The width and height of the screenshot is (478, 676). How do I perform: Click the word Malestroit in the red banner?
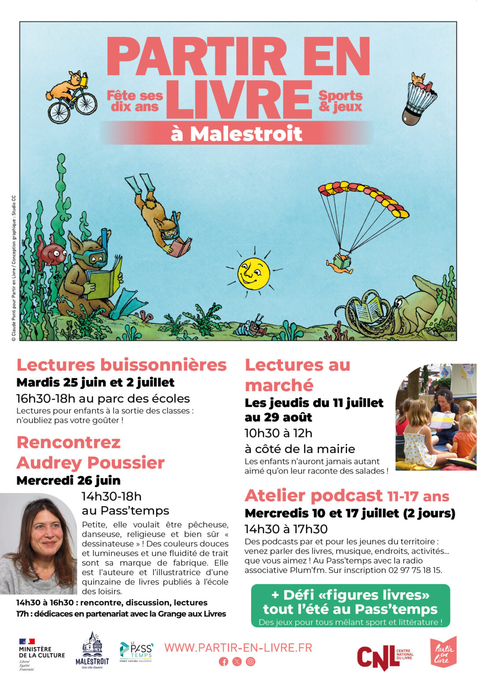coord(246,134)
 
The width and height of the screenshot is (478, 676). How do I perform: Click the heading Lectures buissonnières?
coord(121,365)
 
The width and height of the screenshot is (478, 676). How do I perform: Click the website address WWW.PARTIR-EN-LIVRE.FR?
coord(238,647)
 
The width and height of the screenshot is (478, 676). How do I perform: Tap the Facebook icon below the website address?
coord(224,661)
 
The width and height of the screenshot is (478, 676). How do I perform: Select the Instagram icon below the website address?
coord(250,661)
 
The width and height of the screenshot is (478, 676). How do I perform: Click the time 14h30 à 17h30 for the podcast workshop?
coord(286,529)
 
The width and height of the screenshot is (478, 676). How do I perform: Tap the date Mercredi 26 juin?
coord(68,480)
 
